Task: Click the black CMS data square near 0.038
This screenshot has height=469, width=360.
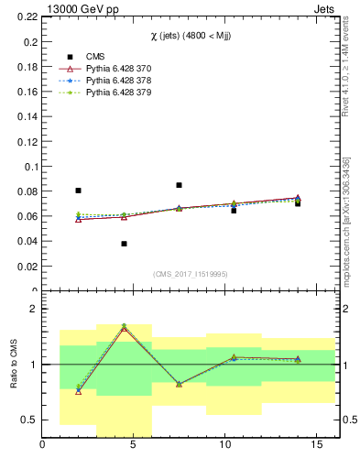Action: click(124, 244)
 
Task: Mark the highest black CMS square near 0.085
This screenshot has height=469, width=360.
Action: click(179, 185)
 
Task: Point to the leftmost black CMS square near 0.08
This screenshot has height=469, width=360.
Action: click(78, 191)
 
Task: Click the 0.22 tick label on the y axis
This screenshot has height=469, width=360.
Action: click(27, 16)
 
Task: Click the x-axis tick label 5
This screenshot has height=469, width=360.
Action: click(133, 446)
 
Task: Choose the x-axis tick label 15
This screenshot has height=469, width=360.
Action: click(316, 446)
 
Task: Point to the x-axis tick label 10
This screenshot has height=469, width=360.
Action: click(224, 446)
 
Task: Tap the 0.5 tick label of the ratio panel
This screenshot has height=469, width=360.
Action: click(29, 420)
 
